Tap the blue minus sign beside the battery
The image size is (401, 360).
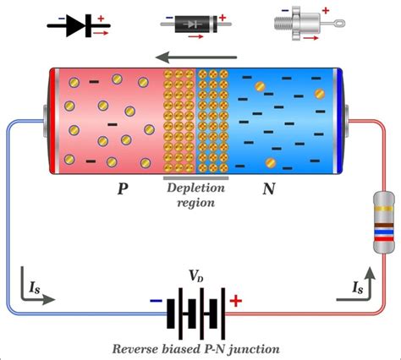pos(156,301)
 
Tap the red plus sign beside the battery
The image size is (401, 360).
pos(236,300)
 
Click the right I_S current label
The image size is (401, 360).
pos(360,288)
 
